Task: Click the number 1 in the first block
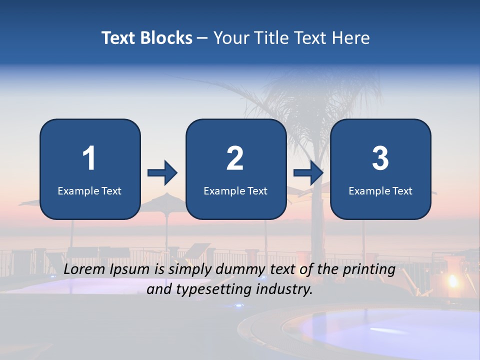pyautogui.click(x=89, y=158)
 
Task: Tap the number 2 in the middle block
pyautogui.click(x=235, y=158)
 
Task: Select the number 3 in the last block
pyautogui.click(x=380, y=158)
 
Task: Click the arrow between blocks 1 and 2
pyautogui.click(x=162, y=173)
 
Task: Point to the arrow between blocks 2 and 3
pyautogui.click(x=308, y=173)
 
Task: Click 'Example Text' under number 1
pyautogui.click(x=89, y=190)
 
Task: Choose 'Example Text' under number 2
pyautogui.click(x=235, y=190)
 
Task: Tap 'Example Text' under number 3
pyautogui.click(x=380, y=190)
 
